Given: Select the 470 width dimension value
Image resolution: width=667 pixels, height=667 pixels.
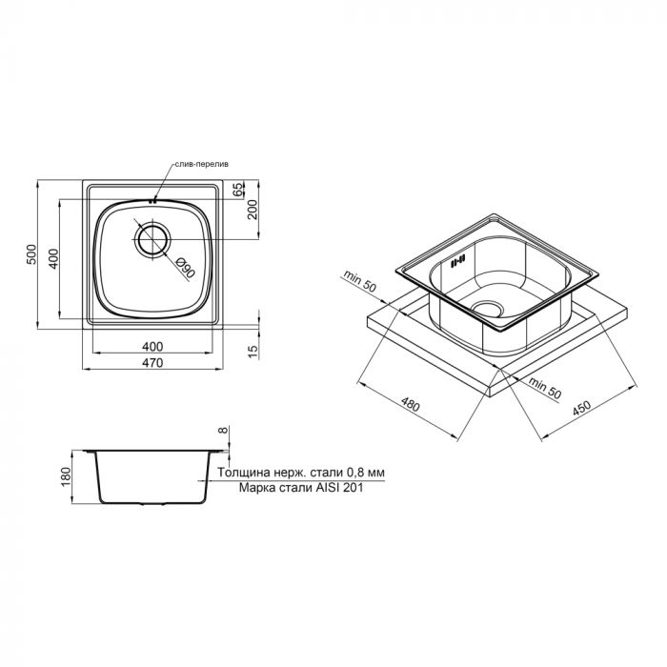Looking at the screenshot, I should click(153, 363).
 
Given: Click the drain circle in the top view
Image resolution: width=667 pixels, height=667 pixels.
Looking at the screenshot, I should click(152, 239).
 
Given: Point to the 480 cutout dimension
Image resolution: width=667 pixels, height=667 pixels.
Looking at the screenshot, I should click(410, 407).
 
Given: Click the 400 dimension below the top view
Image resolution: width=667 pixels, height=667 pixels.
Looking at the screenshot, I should click(153, 345).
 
